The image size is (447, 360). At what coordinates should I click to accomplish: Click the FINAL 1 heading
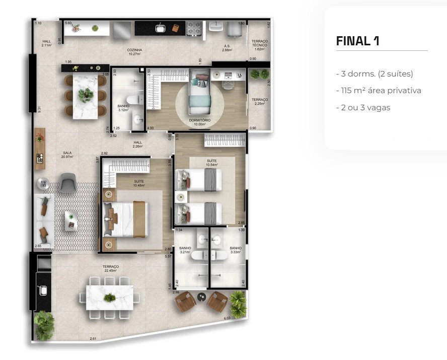357,41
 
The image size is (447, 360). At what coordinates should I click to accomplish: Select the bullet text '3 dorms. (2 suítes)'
375,74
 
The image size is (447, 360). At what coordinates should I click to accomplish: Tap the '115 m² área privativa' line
378,91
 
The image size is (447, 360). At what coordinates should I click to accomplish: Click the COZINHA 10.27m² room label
134,52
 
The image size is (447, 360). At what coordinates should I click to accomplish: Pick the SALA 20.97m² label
67,155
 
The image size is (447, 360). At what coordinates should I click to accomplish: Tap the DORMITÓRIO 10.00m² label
200,122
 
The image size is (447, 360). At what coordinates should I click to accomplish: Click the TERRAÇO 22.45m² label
110,268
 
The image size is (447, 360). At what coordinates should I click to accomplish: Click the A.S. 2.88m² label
227,48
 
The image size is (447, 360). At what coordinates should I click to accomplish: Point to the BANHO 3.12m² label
123,108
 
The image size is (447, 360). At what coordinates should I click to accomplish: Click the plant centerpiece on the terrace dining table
109,297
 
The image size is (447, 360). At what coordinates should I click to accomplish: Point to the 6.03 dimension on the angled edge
227,318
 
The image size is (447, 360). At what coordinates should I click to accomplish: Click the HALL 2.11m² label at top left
46,43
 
